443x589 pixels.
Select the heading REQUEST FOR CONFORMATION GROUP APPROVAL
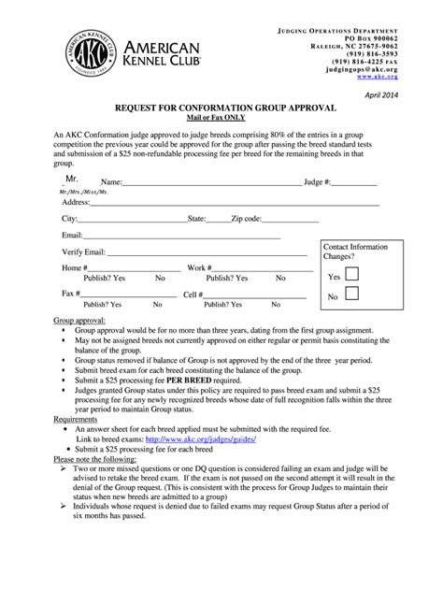pos(221,109)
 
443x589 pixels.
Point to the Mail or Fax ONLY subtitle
pos(221,120)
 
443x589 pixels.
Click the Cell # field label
pos(195,294)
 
